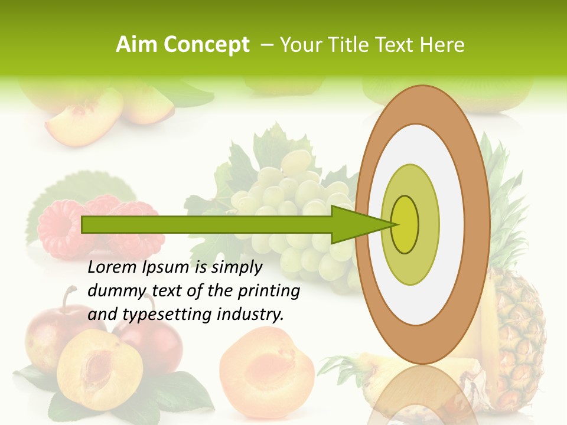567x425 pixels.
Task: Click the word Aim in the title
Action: click(x=136, y=45)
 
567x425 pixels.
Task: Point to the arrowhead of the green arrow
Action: click(x=360, y=224)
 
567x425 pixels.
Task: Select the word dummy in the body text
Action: click(x=114, y=291)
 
